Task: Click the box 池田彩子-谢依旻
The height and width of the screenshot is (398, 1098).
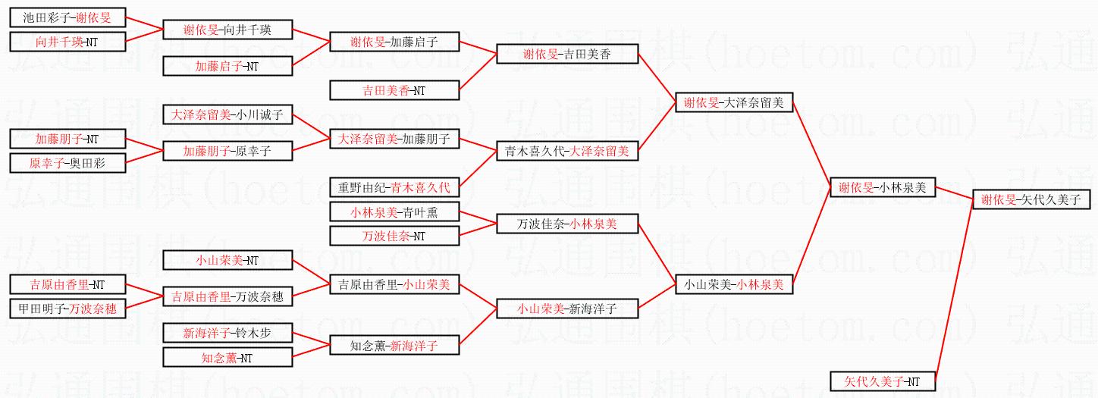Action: [67, 17]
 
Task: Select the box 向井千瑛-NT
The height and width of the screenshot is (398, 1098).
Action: [67, 42]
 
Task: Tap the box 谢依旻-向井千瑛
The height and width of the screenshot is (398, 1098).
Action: [227, 30]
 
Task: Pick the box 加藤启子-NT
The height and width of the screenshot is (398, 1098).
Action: [227, 66]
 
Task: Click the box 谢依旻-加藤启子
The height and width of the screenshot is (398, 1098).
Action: [394, 42]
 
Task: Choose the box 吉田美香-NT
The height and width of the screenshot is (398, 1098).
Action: [394, 90]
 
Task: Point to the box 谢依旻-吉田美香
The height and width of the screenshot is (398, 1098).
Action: [567, 54]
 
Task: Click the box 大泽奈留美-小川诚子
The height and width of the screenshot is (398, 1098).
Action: [227, 115]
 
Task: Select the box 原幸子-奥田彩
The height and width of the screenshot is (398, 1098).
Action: [67, 163]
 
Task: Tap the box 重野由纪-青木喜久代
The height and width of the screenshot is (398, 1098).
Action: [394, 186]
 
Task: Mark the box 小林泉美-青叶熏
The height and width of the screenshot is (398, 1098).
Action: [394, 212]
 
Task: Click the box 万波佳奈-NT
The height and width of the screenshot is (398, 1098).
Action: [394, 236]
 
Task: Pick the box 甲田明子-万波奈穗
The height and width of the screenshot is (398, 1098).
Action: [67, 309]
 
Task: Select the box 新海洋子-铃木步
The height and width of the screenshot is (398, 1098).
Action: [227, 333]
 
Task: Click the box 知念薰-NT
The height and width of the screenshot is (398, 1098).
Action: [227, 357]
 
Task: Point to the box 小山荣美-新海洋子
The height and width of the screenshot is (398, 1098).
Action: [567, 309]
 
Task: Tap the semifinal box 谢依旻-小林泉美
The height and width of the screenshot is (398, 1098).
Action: [883, 187]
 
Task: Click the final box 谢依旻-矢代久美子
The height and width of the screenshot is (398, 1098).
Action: [1031, 199]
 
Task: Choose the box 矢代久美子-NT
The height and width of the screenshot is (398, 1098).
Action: [883, 381]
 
